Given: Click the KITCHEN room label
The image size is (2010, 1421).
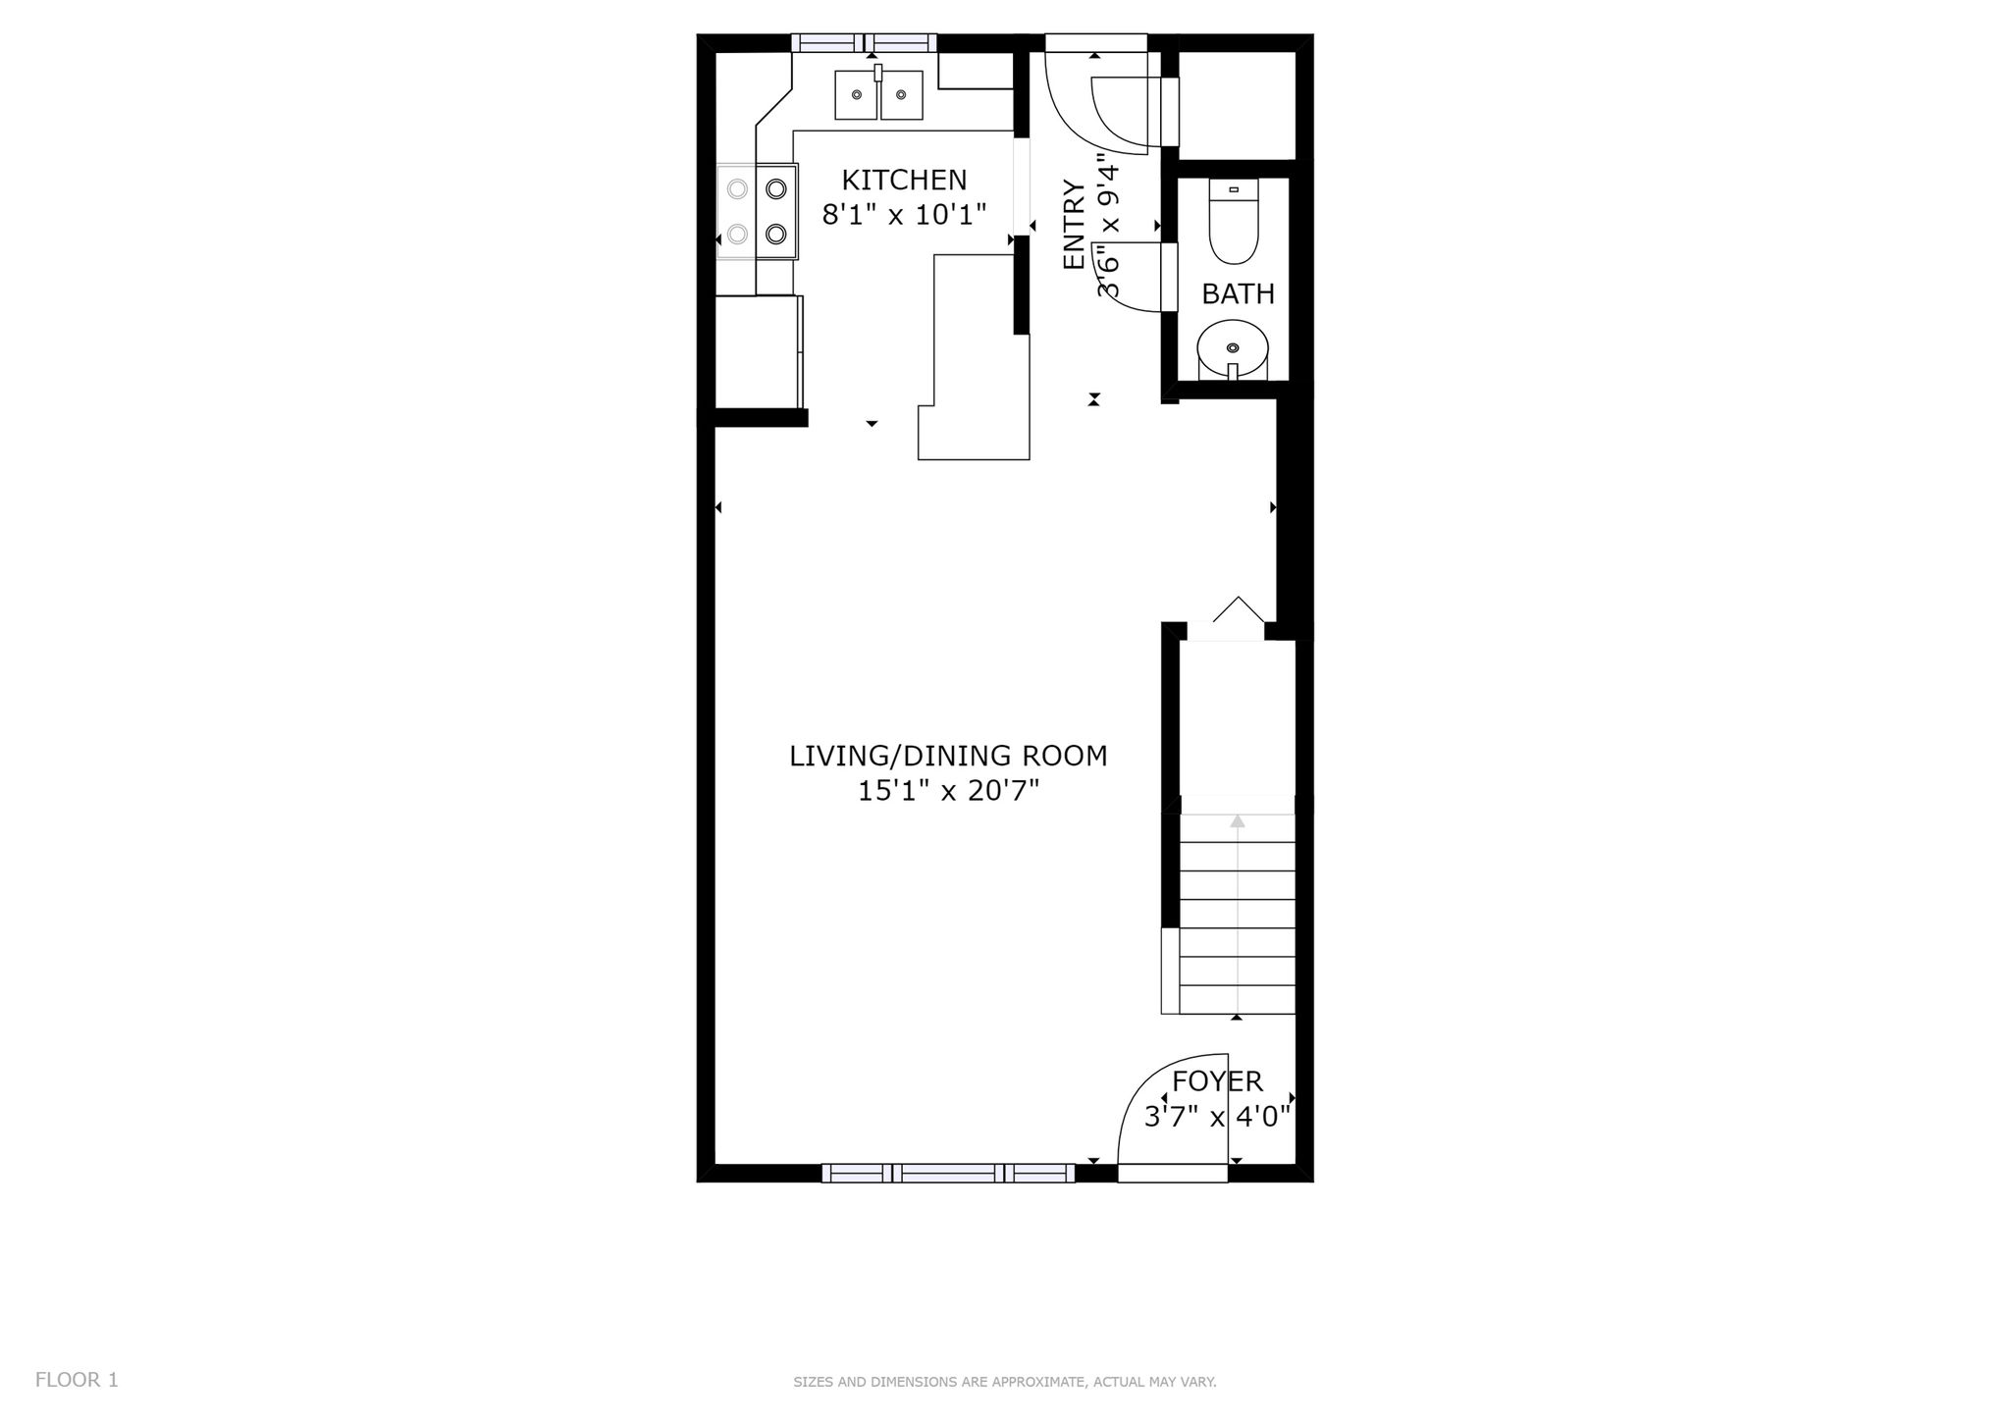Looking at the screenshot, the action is tap(904, 181).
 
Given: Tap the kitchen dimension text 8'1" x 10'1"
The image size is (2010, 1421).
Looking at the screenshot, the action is tap(904, 215).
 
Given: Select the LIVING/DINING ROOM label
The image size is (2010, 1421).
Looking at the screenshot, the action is tap(948, 756).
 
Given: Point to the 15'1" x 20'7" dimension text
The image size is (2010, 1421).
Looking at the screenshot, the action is tap(948, 791).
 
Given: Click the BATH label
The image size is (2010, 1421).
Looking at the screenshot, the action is tap(1238, 294).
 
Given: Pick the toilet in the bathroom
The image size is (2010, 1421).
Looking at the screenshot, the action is tap(1234, 222).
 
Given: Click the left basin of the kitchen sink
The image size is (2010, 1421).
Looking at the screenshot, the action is tap(856, 95).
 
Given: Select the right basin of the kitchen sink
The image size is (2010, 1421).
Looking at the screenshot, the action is tap(901, 95).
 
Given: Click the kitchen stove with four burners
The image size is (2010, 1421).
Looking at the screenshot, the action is tap(757, 211).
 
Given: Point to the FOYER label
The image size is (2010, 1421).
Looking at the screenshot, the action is tap(1217, 1081).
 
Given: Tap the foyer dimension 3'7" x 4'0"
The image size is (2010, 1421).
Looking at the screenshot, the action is tap(1217, 1117).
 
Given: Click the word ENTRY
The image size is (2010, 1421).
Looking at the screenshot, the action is tap(1075, 225).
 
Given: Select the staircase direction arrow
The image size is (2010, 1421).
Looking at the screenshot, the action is tap(1238, 914).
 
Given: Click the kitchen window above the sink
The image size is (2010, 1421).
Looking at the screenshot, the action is tap(864, 42).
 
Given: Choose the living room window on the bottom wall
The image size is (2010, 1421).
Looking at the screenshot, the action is tap(948, 1173).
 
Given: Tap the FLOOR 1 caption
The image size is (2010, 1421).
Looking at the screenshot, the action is tap(77, 1380).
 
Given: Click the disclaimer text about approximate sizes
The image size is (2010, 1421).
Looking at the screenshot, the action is tap(1005, 1382).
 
